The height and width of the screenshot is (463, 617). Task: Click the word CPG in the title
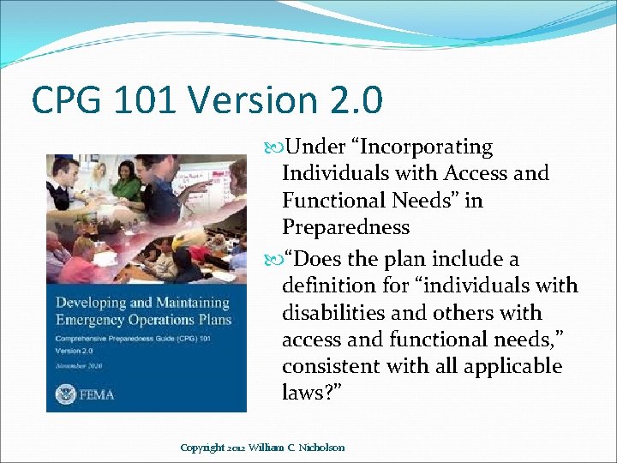(63, 100)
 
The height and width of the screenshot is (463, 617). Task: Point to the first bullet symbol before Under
(273, 147)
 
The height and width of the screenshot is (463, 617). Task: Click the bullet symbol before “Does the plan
(273, 259)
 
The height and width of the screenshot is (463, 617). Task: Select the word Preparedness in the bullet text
(345, 227)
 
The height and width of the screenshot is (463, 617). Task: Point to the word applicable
(512, 366)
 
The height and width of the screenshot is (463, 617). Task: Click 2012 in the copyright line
(236, 447)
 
